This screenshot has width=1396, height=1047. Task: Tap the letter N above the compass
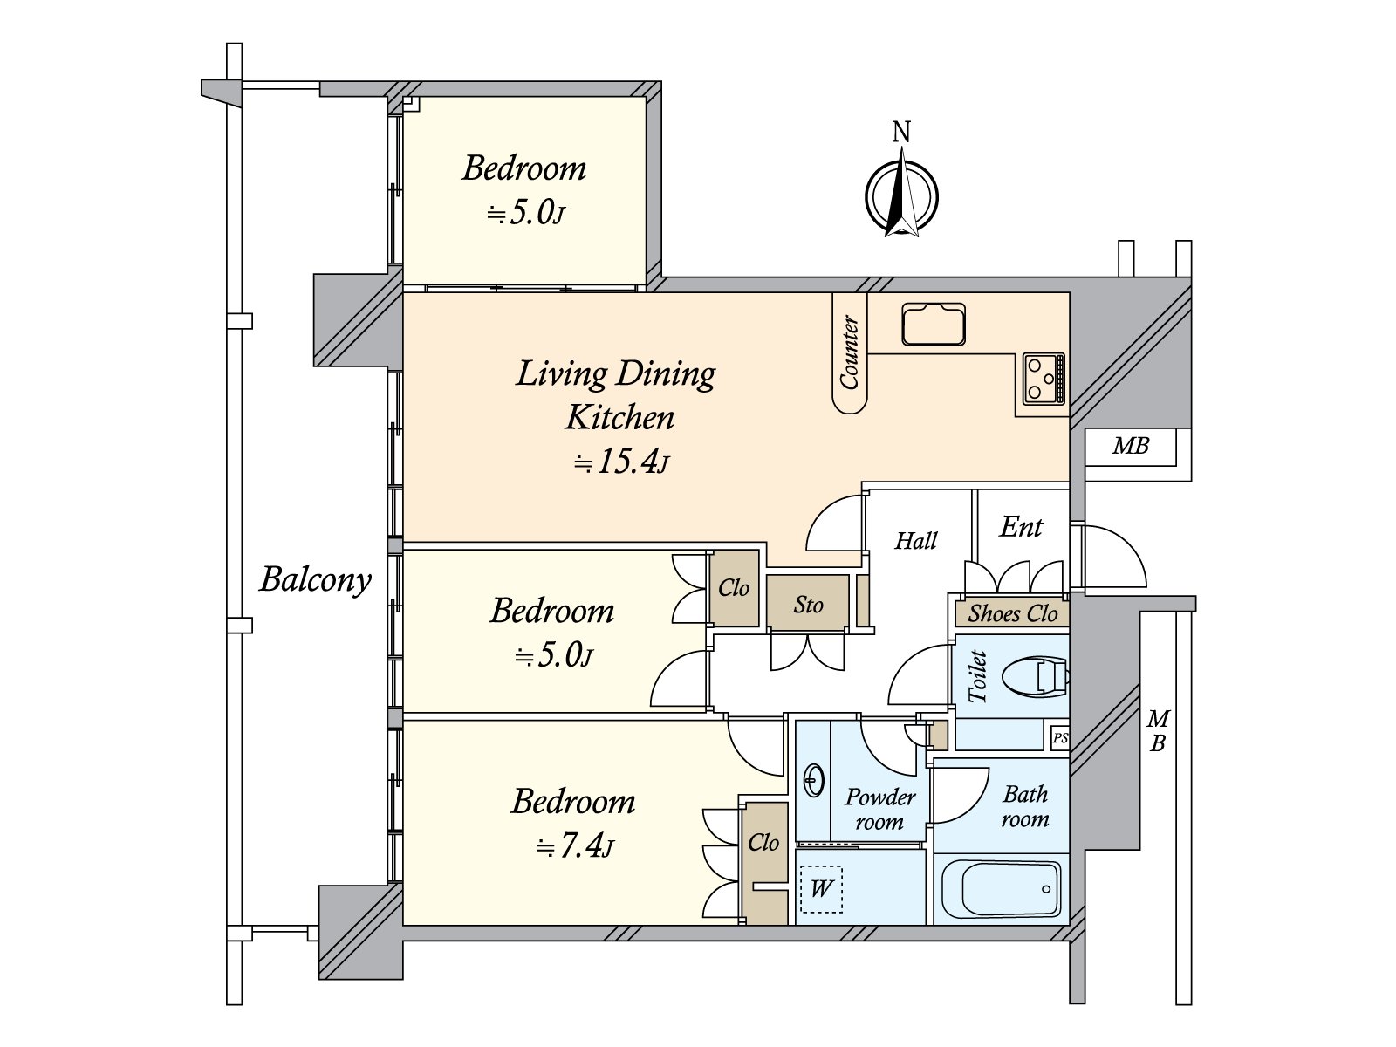901,133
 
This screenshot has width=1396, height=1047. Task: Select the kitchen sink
933,325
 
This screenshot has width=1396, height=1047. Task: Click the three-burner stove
1044,379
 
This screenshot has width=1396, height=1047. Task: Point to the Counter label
850,352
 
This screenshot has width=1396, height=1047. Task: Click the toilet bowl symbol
1035,678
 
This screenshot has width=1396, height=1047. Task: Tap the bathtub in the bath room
1001,889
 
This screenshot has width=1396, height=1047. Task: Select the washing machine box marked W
821,889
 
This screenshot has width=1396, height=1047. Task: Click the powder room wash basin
815,779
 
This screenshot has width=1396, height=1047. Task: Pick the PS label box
1059,738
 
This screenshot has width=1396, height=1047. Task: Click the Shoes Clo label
1012,613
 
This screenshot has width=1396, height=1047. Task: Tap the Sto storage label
808,604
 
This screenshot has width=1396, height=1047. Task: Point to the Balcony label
316,580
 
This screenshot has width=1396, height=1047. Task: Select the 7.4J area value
574,846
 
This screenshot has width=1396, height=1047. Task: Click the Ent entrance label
1021,526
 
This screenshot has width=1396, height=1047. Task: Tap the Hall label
916,540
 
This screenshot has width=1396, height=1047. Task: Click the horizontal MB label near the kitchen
1131,446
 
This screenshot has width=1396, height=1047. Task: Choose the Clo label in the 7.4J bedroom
763,843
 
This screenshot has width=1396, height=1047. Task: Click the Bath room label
1024,807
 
